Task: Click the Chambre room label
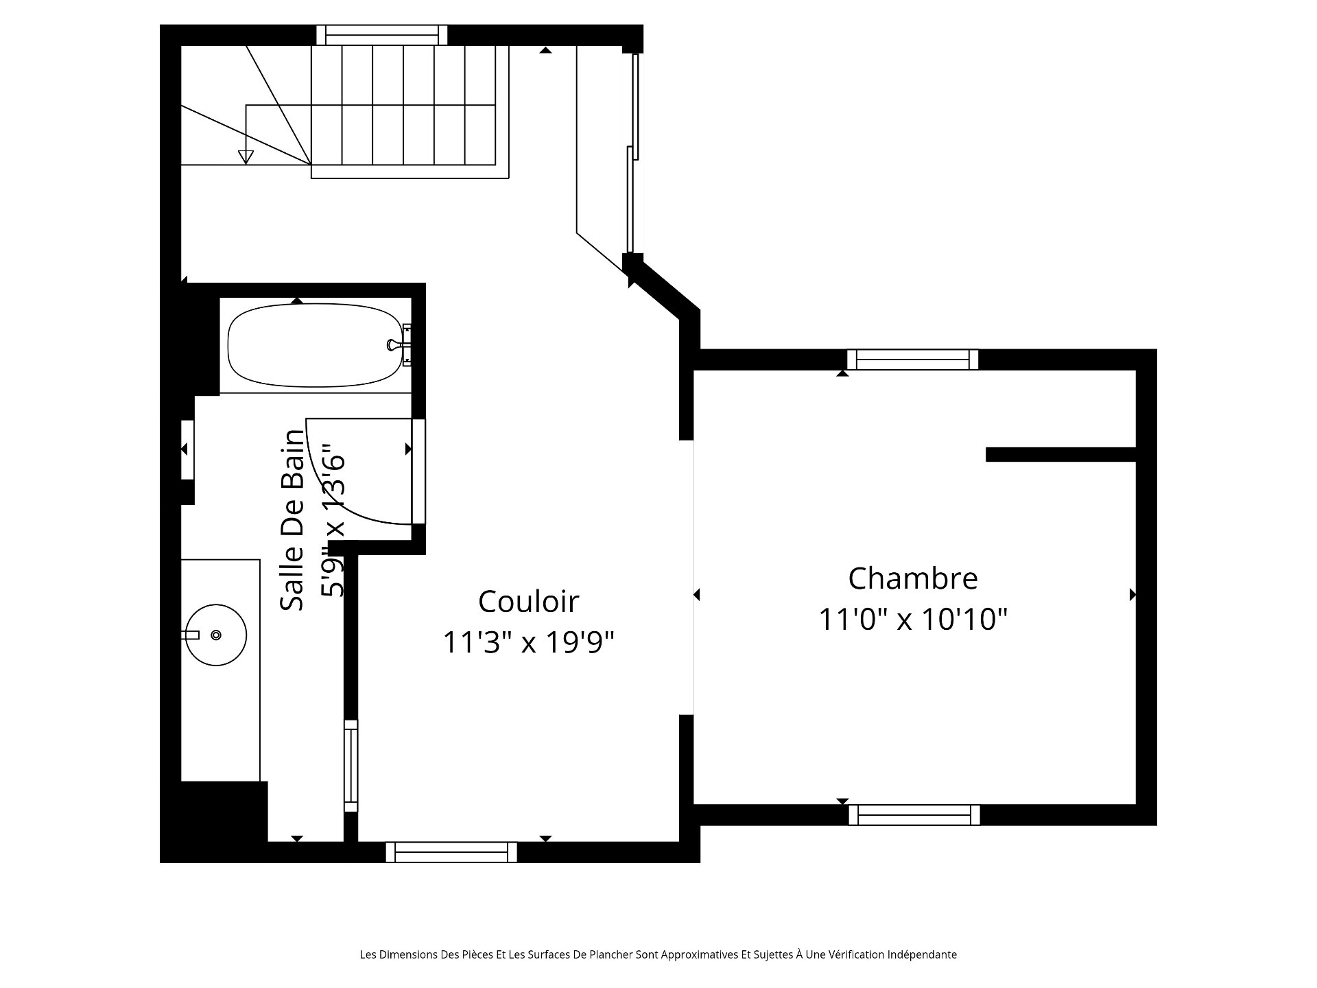912,578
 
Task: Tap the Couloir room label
528,602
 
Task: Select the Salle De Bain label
292,520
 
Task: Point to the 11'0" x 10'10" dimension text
912,620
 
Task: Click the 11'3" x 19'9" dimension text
528,643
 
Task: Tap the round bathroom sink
217,635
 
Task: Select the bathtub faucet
399,344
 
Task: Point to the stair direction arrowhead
246,157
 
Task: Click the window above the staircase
381,34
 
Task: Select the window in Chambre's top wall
912,360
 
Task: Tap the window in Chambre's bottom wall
915,815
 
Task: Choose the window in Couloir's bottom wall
451,852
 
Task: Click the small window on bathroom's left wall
187,449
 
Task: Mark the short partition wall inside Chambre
1061,454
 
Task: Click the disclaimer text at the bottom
658,954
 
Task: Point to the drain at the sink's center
216,635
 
